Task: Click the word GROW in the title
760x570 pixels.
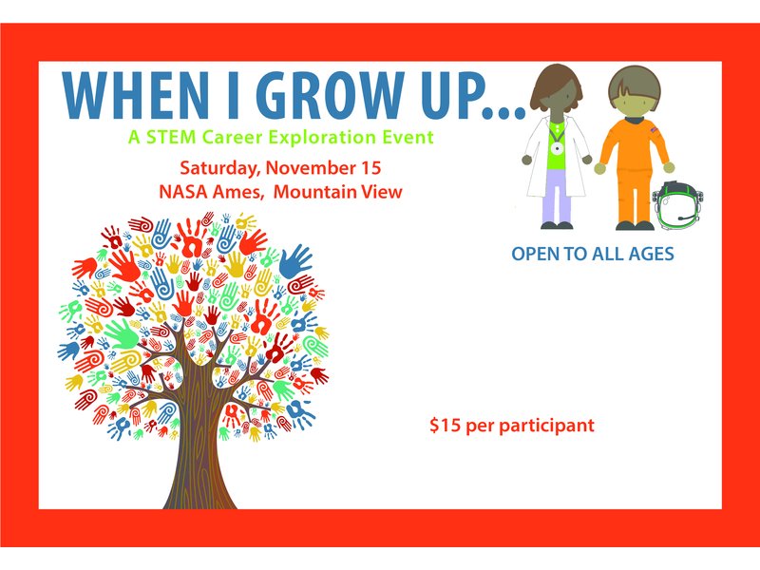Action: tap(331, 96)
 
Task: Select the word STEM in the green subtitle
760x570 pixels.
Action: tap(171, 137)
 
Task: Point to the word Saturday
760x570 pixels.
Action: tap(220, 169)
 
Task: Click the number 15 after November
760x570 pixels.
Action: tap(370, 168)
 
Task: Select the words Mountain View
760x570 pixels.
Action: tap(338, 192)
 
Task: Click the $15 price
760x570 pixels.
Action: tap(444, 425)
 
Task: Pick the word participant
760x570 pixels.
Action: tap(546, 426)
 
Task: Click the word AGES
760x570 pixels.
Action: tap(651, 254)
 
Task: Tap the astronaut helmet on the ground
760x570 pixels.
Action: tap(677, 204)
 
